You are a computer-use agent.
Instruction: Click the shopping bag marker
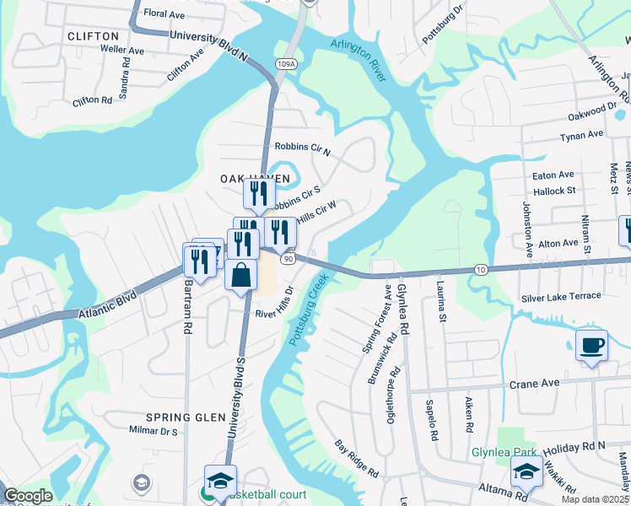[x=240, y=276]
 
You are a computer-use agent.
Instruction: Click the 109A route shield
[x=286, y=62]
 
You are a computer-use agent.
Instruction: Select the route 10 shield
[x=480, y=269]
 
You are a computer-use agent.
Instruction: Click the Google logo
[x=28, y=496]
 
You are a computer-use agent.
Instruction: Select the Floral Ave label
[x=164, y=13]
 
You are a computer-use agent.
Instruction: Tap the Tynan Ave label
[x=583, y=134]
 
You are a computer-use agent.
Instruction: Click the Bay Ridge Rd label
[x=357, y=458]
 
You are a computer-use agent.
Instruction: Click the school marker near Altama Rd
[x=526, y=474]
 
